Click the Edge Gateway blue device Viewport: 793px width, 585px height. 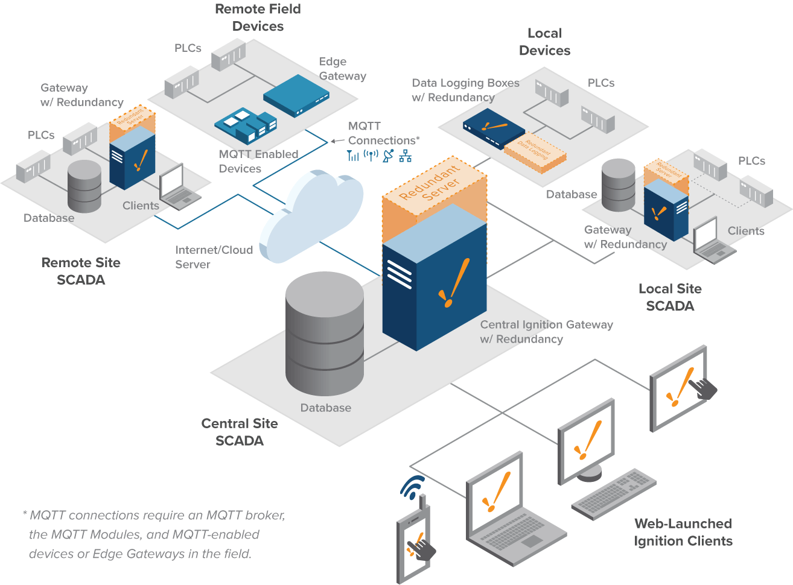click(296, 95)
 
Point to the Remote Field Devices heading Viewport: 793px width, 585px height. click(258, 17)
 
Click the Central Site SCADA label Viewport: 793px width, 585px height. click(240, 432)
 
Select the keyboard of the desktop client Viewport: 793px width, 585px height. click(613, 493)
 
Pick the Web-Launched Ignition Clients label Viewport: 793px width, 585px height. click(683, 532)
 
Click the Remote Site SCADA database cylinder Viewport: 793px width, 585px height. click(84, 186)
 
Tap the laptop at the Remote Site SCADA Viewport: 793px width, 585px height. click(178, 186)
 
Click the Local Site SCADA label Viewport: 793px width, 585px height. click(670, 297)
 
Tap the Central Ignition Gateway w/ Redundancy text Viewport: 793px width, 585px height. click(546, 332)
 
